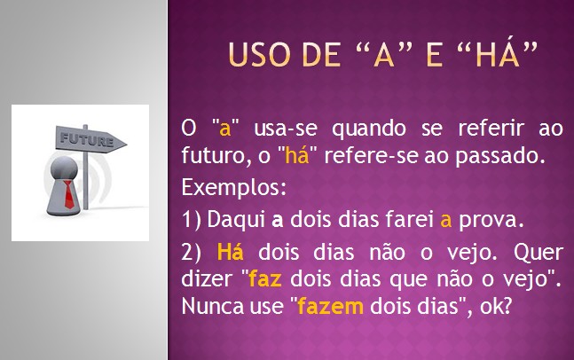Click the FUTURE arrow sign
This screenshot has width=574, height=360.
(90, 139)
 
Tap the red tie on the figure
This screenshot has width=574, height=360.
(69, 194)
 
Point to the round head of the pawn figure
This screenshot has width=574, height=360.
(64, 168)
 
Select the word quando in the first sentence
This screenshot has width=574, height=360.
(369, 129)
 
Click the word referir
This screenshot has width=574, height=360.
(491, 128)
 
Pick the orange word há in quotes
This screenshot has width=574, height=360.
(297, 155)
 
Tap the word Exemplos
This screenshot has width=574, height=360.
(234, 187)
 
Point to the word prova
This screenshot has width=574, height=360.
(491, 221)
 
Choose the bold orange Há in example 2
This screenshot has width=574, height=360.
(231, 252)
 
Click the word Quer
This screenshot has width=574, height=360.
(539, 253)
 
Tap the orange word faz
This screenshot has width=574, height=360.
(265, 278)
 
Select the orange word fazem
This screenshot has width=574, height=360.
(331, 306)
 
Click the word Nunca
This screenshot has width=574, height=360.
(213, 306)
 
